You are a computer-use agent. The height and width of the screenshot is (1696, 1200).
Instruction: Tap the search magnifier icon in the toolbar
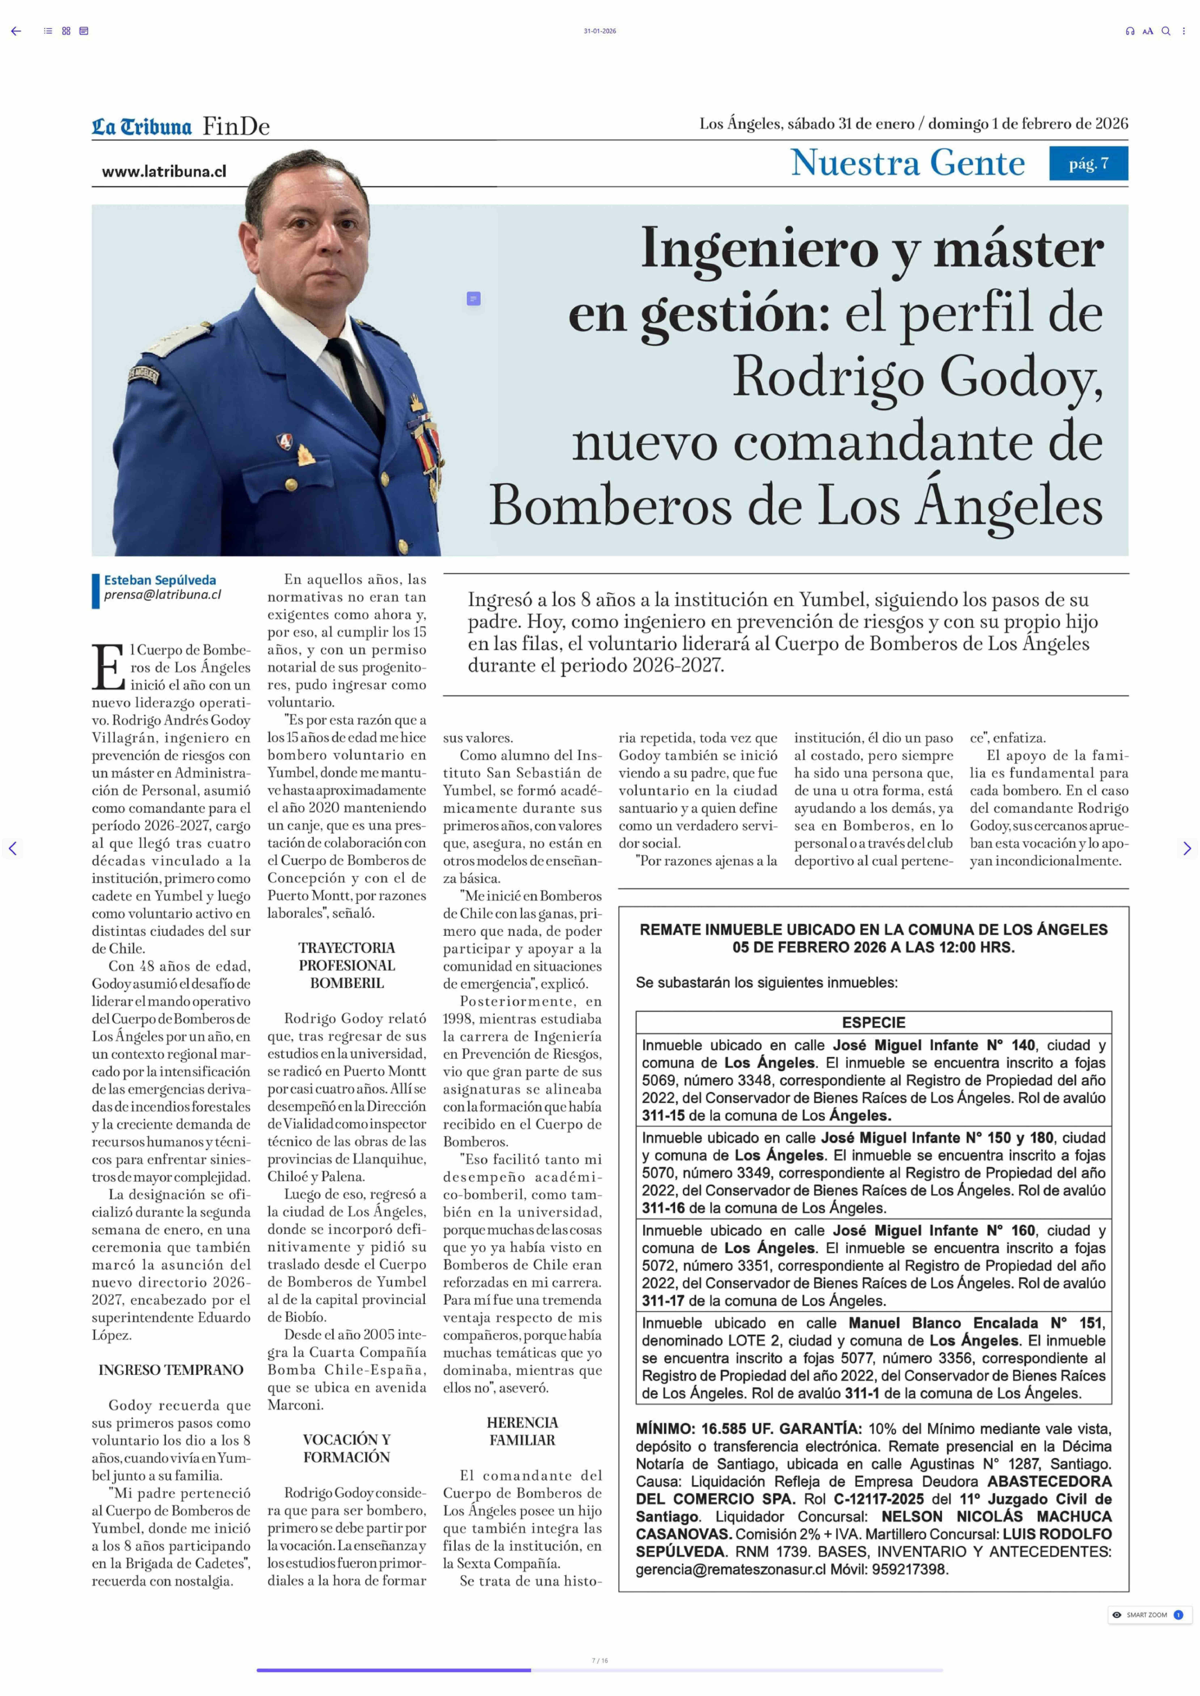pyautogui.click(x=1165, y=31)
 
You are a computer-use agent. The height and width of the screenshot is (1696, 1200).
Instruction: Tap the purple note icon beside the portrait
pyautogui.click(x=474, y=298)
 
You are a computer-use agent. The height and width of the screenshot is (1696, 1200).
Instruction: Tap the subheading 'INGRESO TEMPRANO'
pyautogui.click(x=171, y=1370)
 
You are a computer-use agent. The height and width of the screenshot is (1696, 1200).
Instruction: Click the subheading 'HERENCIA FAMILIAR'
pyautogui.click(x=522, y=1432)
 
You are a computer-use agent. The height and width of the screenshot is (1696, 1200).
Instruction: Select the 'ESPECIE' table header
pyautogui.click(x=873, y=1022)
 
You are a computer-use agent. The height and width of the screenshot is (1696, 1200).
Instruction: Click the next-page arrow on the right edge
pyautogui.click(x=1187, y=848)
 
